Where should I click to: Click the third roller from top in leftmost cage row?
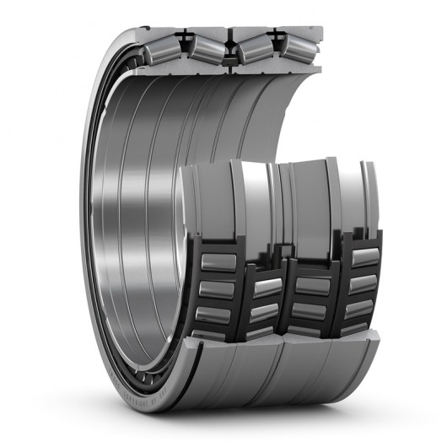pyautogui.click(x=218, y=314)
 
